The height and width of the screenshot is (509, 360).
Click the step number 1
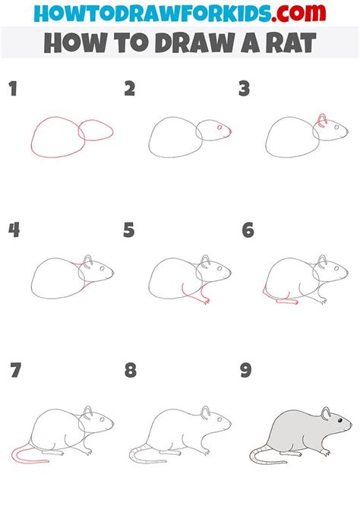click(x=13, y=90)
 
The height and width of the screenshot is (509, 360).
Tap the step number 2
click(x=130, y=90)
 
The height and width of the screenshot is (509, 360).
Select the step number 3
click(x=245, y=90)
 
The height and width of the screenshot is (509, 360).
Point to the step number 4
click(x=14, y=229)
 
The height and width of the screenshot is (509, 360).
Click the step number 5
click(x=130, y=229)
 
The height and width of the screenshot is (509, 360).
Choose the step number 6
click(x=247, y=229)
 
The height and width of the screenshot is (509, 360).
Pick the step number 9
click(x=246, y=371)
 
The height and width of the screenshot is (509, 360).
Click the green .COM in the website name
click(x=283, y=14)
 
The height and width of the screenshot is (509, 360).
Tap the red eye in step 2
click(x=219, y=129)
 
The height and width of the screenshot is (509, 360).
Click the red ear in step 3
click(x=322, y=119)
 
